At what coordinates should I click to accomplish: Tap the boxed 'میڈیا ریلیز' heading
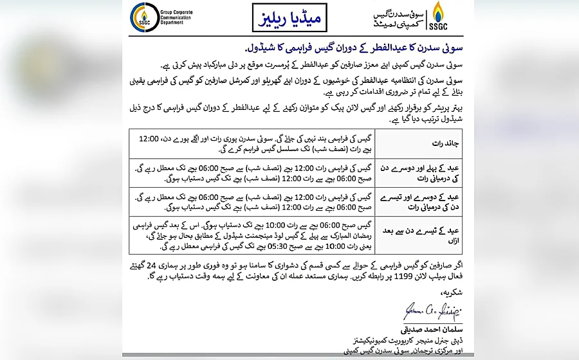click(x=289, y=18)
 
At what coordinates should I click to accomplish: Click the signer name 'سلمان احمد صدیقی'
click(x=432, y=328)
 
